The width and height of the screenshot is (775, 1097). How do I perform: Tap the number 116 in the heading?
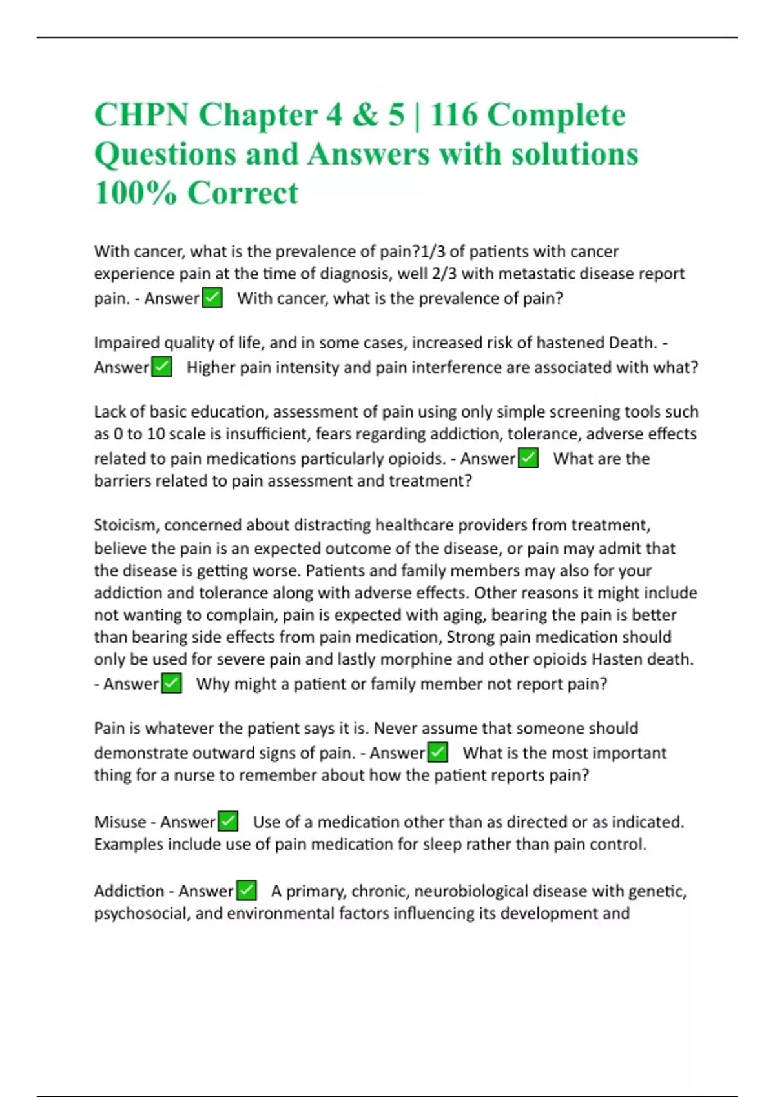click(453, 116)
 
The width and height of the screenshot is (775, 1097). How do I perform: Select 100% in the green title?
click(135, 193)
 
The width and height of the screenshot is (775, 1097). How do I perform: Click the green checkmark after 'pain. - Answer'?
click(212, 298)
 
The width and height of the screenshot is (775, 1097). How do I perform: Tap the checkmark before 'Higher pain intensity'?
click(161, 367)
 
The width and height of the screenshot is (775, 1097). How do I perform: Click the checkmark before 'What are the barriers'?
click(528, 458)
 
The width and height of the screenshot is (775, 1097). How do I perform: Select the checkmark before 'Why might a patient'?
click(171, 683)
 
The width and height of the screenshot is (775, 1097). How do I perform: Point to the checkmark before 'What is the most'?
click(438, 752)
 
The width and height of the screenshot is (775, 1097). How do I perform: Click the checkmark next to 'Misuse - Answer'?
click(228, 821)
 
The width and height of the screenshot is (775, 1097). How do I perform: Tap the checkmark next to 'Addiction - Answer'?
click(246, 891)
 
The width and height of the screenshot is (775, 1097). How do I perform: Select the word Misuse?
click(119, 822)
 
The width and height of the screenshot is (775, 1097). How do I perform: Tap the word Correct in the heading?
click(243, 193)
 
